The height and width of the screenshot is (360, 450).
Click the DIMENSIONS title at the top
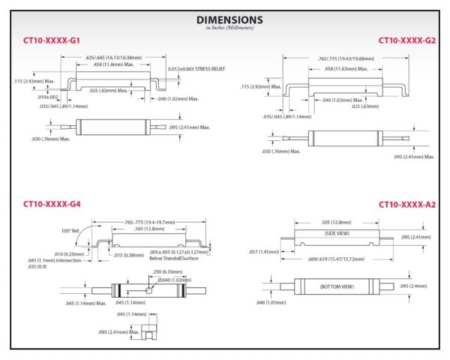229,19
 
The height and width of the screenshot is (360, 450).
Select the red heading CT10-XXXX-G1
51,40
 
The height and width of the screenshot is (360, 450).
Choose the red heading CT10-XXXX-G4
51,203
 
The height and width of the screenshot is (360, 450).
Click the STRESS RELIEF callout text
196,69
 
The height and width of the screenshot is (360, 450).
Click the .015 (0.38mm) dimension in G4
130,253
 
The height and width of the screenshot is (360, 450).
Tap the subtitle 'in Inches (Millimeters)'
229,28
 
